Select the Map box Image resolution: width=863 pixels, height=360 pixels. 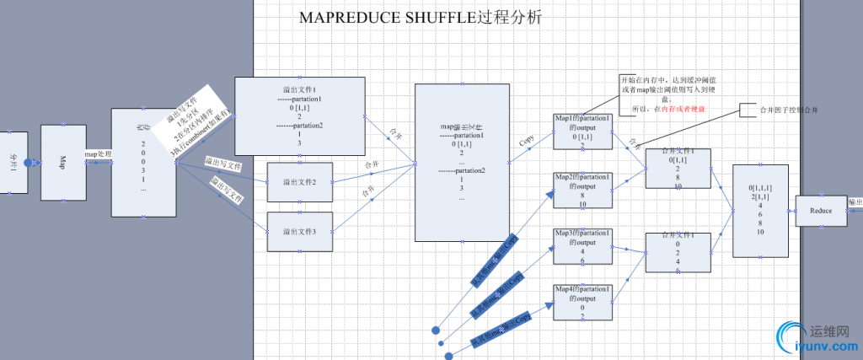[64, 161]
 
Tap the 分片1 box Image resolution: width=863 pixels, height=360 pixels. [13, 160]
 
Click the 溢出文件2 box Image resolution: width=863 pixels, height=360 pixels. [299, 182]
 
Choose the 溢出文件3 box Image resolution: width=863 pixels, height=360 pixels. [299, 231]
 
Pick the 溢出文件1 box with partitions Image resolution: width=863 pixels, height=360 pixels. [299, 116]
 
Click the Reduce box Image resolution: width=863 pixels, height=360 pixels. [821, 211]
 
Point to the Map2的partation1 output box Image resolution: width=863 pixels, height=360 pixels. [582, 191]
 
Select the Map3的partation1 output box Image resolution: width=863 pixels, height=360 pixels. [582, 247]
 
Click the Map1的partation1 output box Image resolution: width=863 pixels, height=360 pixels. [582, 131]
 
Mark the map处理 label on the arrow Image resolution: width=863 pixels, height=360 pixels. [99, 154]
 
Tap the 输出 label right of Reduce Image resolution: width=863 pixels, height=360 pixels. [855, 202]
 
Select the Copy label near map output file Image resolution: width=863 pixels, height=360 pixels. [528, 140]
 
